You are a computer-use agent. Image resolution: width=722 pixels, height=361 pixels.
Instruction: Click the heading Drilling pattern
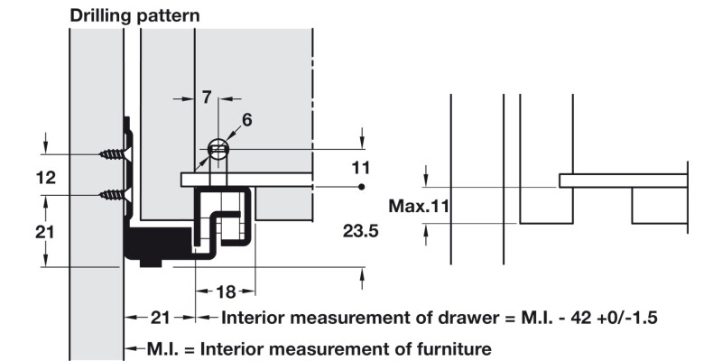(135, 15)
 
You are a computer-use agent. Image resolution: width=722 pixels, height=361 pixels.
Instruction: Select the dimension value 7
(207, 97)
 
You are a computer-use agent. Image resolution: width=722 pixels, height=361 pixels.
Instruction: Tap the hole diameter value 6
(247, 119)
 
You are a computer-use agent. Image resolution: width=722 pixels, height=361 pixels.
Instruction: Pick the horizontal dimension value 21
(160, 318)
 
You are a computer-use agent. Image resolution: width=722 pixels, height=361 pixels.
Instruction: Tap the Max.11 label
(419, 207)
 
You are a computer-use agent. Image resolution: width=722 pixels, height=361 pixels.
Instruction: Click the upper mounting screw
(113, 154)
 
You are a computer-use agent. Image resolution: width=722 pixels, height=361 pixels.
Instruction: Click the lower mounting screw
(113, 193)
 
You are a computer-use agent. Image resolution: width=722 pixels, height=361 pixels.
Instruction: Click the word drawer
(470, 318)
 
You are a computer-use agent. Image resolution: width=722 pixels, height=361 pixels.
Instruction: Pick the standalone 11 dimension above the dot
(360, 167)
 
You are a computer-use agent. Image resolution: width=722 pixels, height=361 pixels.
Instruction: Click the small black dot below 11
(360, 187)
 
